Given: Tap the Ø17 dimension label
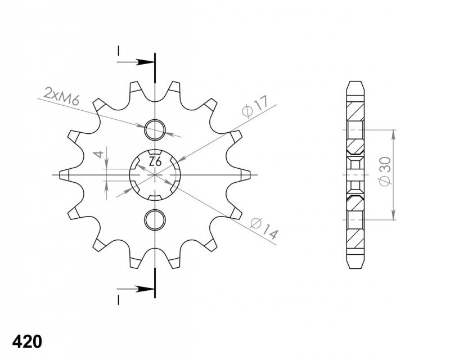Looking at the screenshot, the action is pyautogui.click(x=255, y=107).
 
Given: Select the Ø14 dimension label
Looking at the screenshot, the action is pyautogui.click(x=264, y=229).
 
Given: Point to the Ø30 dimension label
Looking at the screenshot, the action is pyautogui.click(x=385, y=171).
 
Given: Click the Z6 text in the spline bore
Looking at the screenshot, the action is pyautogui.click(x=155, y=162).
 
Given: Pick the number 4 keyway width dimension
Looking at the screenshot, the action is pyautogui.click(x=99, y=155).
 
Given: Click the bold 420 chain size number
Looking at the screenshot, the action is pyautogui.click(x=27, y=341).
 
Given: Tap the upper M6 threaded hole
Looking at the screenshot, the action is pyautogui.click(x=155, y=130).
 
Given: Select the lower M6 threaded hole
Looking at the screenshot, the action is pyautogui.click(x=155, y=220).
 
